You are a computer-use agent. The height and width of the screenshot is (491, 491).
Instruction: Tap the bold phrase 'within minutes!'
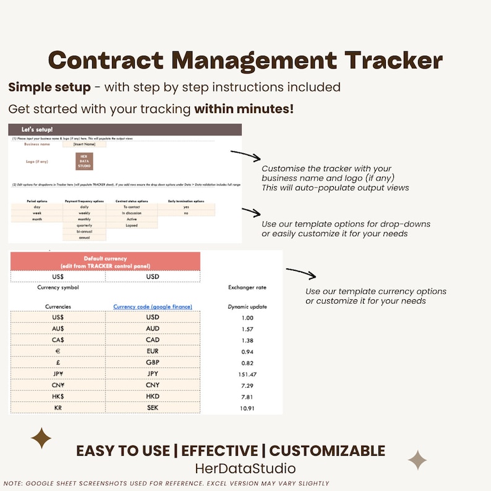(x=244, y=109)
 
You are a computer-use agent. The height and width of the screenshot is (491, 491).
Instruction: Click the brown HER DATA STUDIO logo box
(x=83, y=161)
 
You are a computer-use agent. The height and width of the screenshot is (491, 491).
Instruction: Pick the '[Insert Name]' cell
(x=84, y=144)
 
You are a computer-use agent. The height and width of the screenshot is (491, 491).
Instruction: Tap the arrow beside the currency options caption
(x=301, y=273)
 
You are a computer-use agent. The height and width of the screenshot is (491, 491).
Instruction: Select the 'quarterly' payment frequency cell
(x=84, y=225)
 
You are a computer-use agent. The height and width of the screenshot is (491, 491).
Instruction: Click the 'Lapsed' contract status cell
(x=131, y=225)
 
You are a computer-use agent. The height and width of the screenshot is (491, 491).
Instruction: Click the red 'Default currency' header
(x=105, y=262)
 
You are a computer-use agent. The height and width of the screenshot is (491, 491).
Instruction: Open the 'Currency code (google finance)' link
(x=153, y=306)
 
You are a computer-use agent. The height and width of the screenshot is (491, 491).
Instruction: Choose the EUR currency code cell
(x=153, y=351)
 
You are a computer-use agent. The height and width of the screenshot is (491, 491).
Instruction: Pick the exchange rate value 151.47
(x=247, y=374)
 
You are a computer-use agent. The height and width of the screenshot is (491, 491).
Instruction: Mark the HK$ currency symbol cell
(x=58, y=396)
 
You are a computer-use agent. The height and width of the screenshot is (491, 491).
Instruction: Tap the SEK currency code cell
(x=153, y=408)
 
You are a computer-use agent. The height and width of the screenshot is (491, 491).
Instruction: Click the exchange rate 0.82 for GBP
(x=247, y=363)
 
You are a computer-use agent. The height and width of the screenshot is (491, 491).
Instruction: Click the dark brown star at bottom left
(x=41, y=438)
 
